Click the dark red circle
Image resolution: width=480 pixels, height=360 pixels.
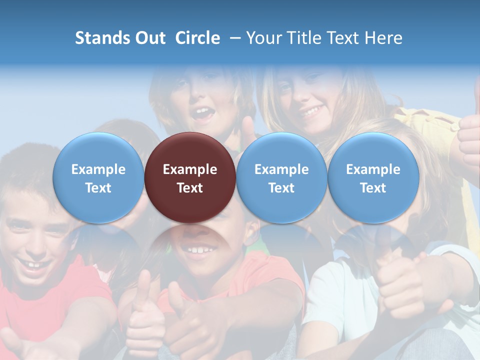190,177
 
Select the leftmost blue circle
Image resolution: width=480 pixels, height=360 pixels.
98,177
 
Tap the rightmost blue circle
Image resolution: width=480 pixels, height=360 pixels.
373,177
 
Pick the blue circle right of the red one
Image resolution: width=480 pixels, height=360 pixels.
281,177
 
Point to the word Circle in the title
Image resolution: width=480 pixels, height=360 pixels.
197,38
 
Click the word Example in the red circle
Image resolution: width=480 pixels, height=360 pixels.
190,169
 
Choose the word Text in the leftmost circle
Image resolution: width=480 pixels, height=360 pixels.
98,188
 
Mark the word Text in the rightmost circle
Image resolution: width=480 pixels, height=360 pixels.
373,188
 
